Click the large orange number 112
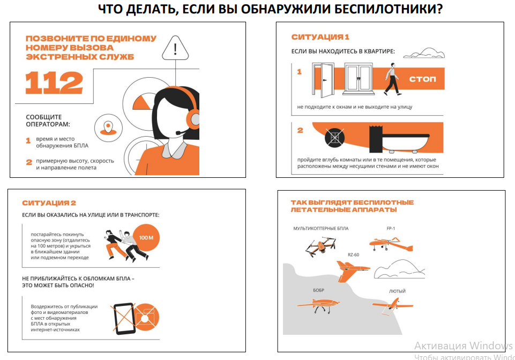coord(54,82)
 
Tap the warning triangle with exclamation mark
coord(175,48)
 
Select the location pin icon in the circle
coord(108,128)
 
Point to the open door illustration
coord(323,80)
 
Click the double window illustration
coord(358,79)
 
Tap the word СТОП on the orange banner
coord(422,79)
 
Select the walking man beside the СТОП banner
coord(392,79)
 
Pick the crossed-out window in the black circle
coord(334,137)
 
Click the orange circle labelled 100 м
coord(146,237)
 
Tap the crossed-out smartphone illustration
coord(124,318)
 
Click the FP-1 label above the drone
coord(391,228)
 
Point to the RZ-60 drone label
coord(353,254)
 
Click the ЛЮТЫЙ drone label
coord(397,291)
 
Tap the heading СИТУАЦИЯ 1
coord(320,37)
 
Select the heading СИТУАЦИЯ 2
coord(49,203)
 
